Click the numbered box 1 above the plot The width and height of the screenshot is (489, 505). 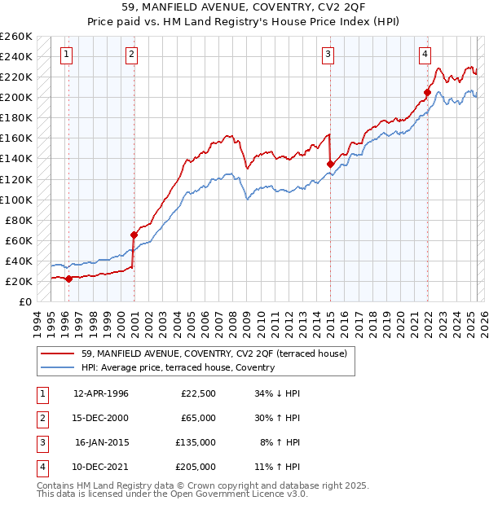[66, 55]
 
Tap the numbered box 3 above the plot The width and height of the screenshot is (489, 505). [328, 55]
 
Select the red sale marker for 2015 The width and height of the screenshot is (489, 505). [330, 164]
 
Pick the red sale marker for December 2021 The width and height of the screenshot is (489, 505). [427, 92]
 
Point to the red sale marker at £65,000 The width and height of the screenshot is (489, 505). [134, 235]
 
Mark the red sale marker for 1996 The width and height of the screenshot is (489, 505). [69, 279]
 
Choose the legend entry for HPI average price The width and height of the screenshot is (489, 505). [178, 367]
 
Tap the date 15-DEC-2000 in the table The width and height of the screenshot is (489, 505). [100, 418]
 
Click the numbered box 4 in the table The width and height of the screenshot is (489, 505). [41, 467]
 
